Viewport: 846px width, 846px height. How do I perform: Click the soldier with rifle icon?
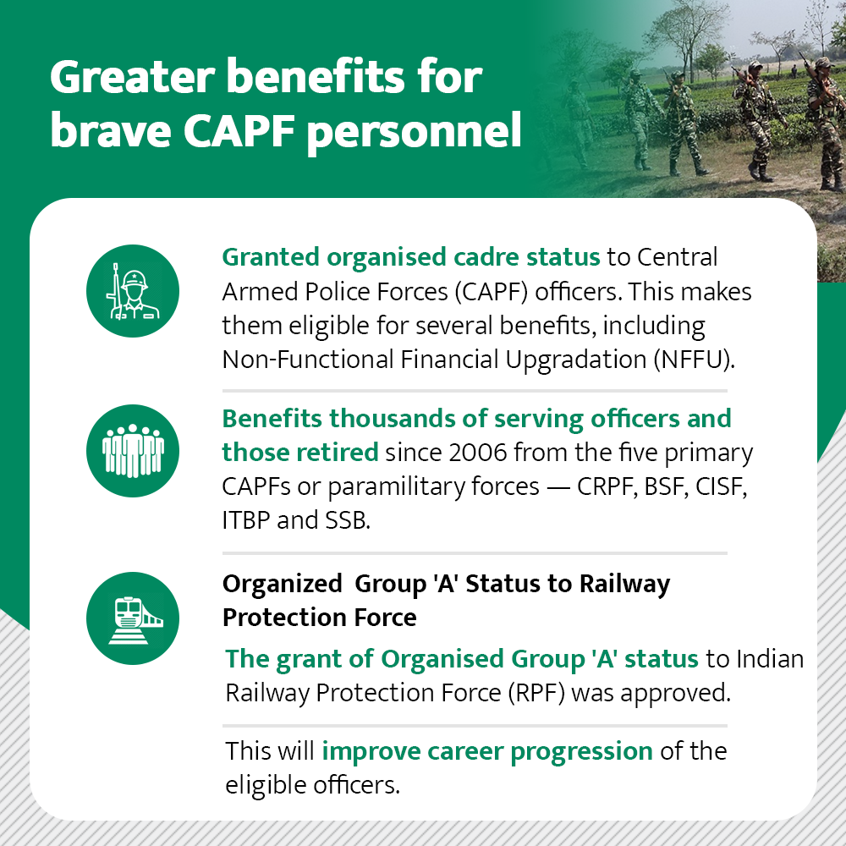(x=133, y=291)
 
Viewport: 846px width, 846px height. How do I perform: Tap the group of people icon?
(x=133, y=451)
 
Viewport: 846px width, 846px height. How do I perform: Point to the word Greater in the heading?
(x=133, y=77)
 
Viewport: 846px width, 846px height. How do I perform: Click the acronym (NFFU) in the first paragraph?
(x=694, y=360)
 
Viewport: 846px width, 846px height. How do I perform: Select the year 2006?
(x=477, y=452)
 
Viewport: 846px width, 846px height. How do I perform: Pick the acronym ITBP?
(x=246, y=520)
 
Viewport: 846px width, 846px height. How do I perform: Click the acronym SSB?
(x=348, y=520)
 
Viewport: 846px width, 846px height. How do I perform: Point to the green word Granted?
(x=271, y=257)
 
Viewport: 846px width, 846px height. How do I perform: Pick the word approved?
(x=675, y=694)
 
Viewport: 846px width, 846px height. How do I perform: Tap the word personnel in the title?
(x=415, y=132)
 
